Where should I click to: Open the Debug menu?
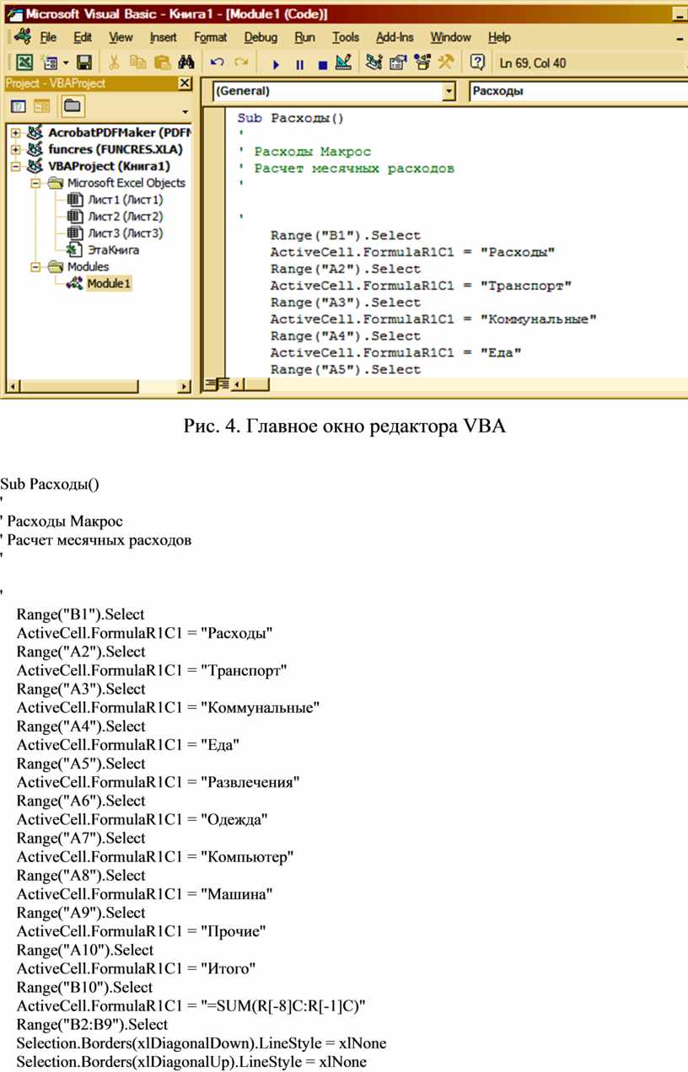(261, 37)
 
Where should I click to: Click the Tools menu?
(345, 37)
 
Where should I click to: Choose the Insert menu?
(163, 37)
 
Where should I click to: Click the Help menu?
(499, 37)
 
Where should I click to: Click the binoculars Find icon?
(185, 62)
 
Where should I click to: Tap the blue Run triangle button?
(276, 64)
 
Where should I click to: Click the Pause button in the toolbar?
(299, 64)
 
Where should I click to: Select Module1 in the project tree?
(108, 283)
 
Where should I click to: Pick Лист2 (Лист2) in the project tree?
(125, 217)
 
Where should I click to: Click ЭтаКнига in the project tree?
(114, 249)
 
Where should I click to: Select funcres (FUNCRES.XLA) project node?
(116, 149)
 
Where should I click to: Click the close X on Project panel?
(185, 83)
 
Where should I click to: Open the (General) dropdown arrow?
(449, 91)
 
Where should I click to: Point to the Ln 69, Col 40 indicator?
(532, 63)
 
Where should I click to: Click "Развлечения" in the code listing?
(250, 782)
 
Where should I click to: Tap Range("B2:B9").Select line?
(93, 1025)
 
